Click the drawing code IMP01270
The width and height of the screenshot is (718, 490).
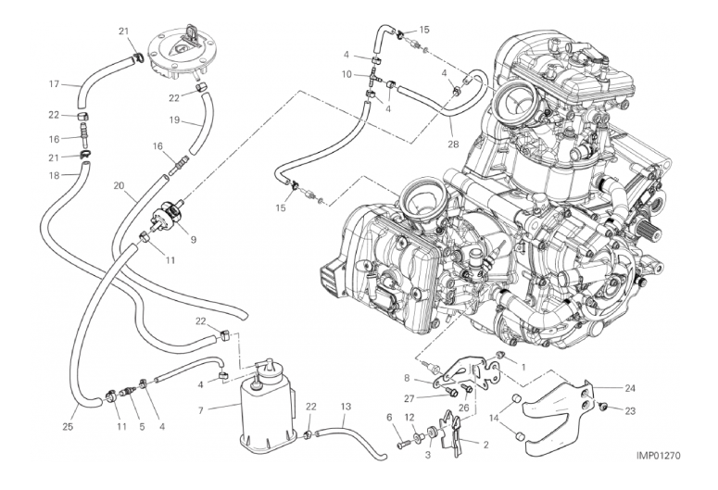658,455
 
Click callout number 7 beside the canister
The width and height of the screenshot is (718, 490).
200,410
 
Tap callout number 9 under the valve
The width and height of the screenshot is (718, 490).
194,239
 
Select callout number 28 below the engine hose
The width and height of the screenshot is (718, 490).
453,144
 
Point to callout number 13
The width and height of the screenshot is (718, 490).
346,407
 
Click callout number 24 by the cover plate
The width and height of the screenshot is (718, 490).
630,388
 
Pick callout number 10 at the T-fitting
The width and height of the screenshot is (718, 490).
346,74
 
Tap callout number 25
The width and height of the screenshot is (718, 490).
68,427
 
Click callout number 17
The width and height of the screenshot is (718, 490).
55,83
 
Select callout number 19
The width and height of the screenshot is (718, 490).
174,120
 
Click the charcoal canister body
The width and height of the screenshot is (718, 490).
266,414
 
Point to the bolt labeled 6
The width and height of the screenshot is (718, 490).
404,444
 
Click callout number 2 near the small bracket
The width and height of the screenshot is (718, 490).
485,445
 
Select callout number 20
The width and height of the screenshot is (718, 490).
120,185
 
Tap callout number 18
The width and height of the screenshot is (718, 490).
55,175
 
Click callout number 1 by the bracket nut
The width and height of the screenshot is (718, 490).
523,367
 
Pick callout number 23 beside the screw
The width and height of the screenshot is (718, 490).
630,410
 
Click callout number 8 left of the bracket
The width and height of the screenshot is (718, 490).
406,378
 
